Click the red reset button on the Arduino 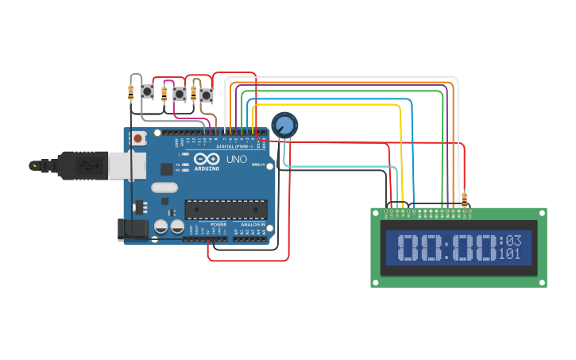coord(139,138)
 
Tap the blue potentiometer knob coord(284,125)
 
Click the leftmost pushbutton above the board coord(147,92)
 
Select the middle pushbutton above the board coord(179,94)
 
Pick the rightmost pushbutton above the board coord(207,95)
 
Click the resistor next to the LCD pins coord(464,198)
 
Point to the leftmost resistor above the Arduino coord(130,92)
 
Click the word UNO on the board coord(238,159)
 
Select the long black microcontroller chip coord(226,209)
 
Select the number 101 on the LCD coord(510,254)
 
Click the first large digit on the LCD coord(411,248)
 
